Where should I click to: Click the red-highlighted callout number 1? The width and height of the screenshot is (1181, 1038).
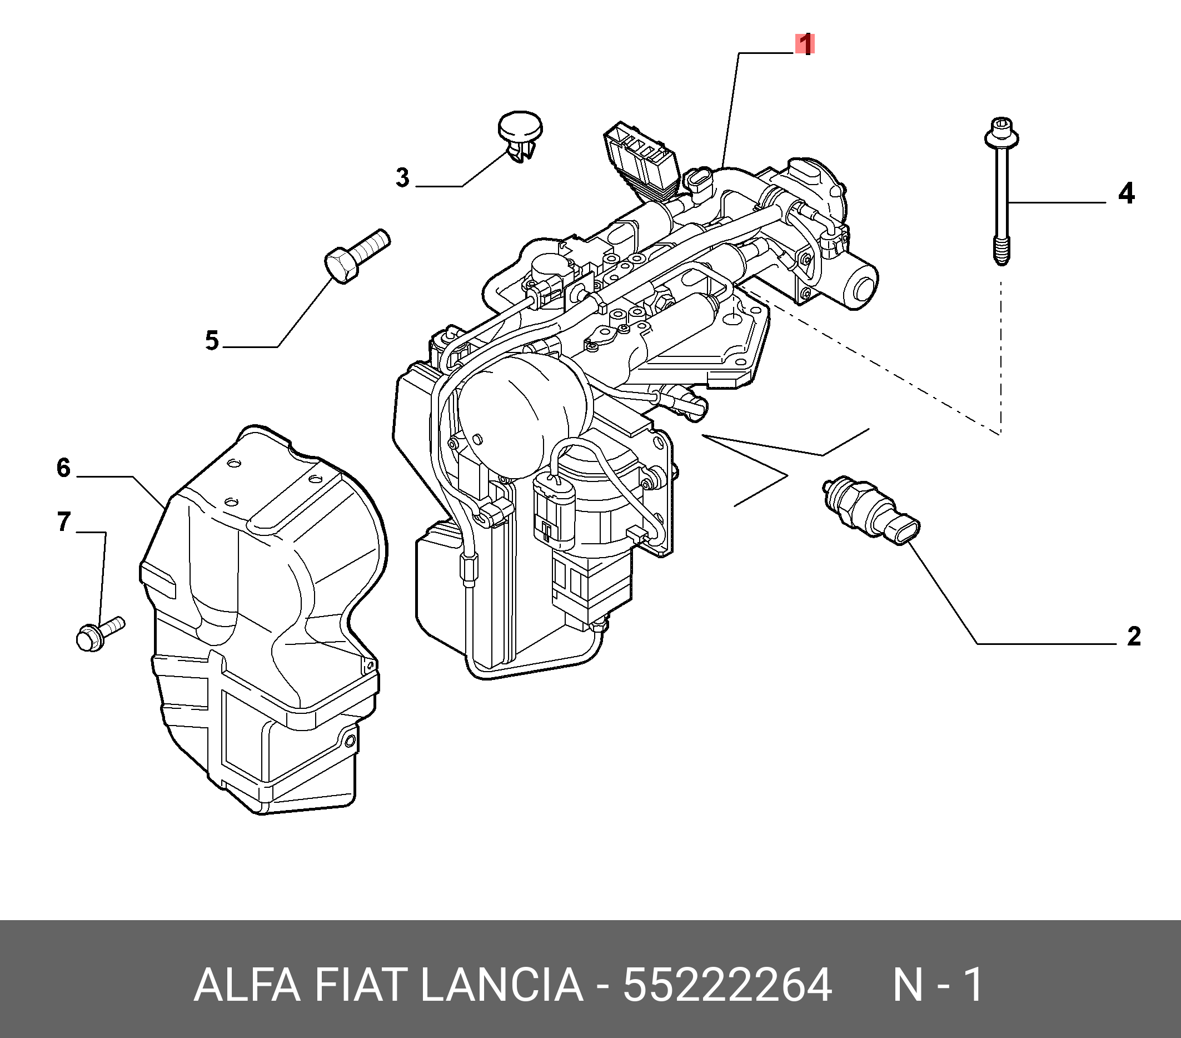pyautogui.click(x=805, y=44)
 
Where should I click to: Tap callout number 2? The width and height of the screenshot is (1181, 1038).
pyautogui.click(x=1134, y=637)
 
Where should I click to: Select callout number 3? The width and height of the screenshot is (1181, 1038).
pyautogui.click(x=403, y=177)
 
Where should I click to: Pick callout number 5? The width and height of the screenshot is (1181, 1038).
pyautogui.click(x=212, y=340)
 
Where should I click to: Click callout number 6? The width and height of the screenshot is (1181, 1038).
pyautogui.click(x=63, y=468)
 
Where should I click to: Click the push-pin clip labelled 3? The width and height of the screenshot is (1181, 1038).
pyautogui.click(x=520, y=137)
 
